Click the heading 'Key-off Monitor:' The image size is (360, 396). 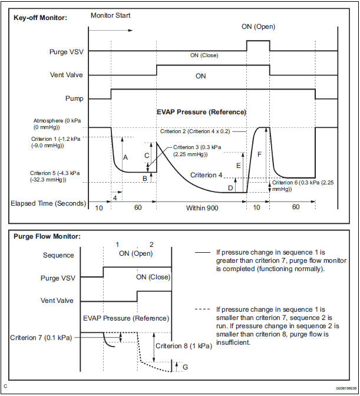[x=40, y=17]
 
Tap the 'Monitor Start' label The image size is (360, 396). [x=111, y=15]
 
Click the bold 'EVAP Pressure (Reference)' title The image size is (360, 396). [x=201, y=112]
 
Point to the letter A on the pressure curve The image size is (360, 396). [x=125, y=157]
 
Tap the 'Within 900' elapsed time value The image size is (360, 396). [x=202, y=209]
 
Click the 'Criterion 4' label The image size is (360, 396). [x=207, y=175]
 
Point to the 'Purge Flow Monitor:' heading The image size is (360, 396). [x=47, y=237]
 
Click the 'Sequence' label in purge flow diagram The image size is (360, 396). [x=59, y=255]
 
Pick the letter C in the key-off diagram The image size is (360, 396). [x=147, y=156]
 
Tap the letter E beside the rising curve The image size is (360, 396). [x=238, y=166]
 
